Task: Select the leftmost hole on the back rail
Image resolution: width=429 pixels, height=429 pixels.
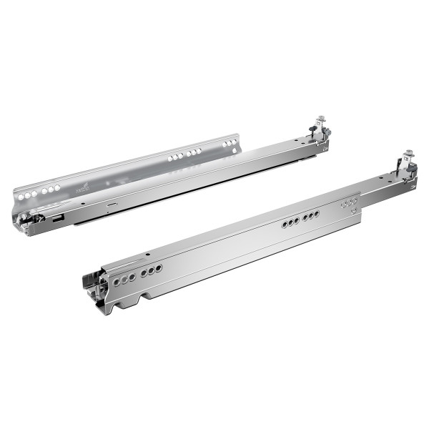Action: pos(21,196)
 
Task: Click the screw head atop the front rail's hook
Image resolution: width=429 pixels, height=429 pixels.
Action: pos(409,153)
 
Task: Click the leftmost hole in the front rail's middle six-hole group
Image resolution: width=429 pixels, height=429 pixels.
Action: pos(284,225)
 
